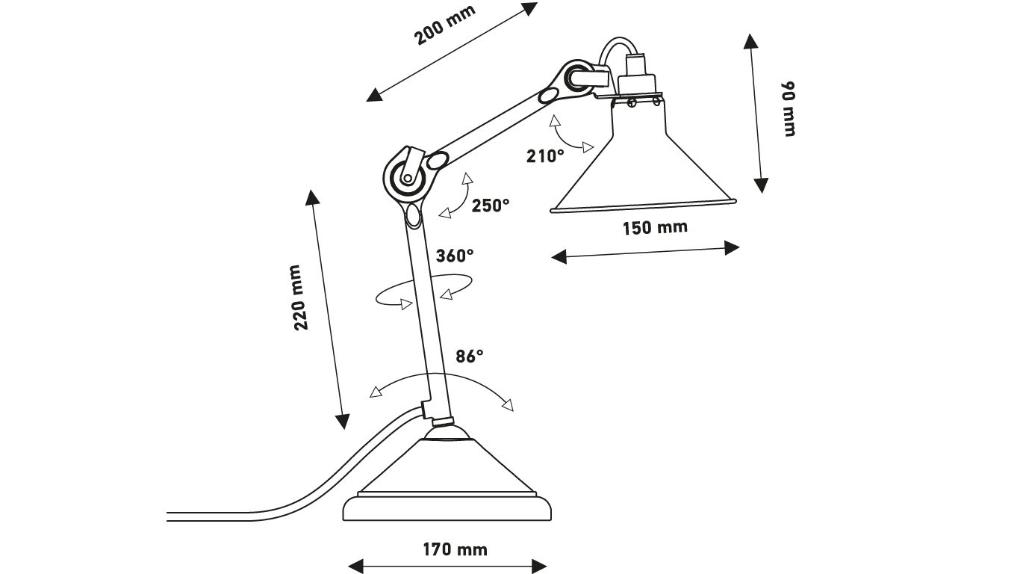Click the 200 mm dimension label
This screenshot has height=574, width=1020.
(444, 25)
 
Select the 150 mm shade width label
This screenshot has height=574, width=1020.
(655, 227)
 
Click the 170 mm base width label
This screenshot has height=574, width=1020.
(455, 549)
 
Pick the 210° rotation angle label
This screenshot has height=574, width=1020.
(545, 156)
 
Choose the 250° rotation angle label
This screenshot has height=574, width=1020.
(490, 206)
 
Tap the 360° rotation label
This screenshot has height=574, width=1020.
(455, 256)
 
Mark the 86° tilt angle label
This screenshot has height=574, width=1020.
(469, 357)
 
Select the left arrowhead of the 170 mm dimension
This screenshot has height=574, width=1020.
(355, 567)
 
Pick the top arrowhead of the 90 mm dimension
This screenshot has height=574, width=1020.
(750, 40)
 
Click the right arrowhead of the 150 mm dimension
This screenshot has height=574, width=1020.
(732, 248)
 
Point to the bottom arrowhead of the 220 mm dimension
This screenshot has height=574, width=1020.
(343, 422)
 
